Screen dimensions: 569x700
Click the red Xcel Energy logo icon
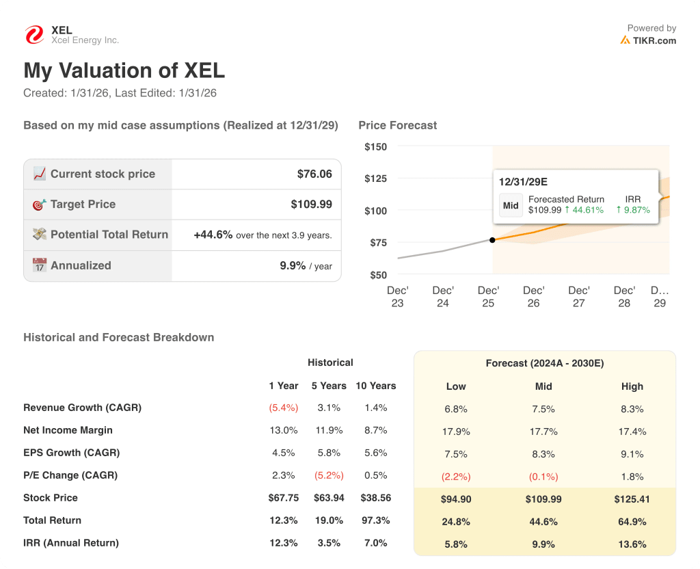coord(33,35)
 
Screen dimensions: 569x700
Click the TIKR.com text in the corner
coord(654,40)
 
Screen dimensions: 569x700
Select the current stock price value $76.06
coord(314,174)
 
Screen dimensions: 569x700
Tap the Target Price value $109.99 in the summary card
coord(311,204)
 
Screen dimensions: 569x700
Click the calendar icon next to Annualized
coord(40,265)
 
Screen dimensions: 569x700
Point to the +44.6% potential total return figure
coord(213,235)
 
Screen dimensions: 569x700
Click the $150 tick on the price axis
coord(375,146)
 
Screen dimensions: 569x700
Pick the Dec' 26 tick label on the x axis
coord(533,297)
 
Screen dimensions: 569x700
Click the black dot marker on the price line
coord(492,239)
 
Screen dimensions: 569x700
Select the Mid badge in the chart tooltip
coord(511,205)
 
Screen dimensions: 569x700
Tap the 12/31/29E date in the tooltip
coord(523,182)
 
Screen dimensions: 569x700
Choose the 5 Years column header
coord(329,386)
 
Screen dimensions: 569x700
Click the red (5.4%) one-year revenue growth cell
coord(283,408)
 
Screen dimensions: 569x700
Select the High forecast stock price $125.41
coord(632,499)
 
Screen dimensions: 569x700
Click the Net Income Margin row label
coord(68,430)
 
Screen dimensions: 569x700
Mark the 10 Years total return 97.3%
coord(375,520)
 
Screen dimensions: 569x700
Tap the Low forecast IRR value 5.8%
coord(456,544)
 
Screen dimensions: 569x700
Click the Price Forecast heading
coord(397,125)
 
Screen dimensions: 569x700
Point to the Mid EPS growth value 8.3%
coord(543,454)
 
